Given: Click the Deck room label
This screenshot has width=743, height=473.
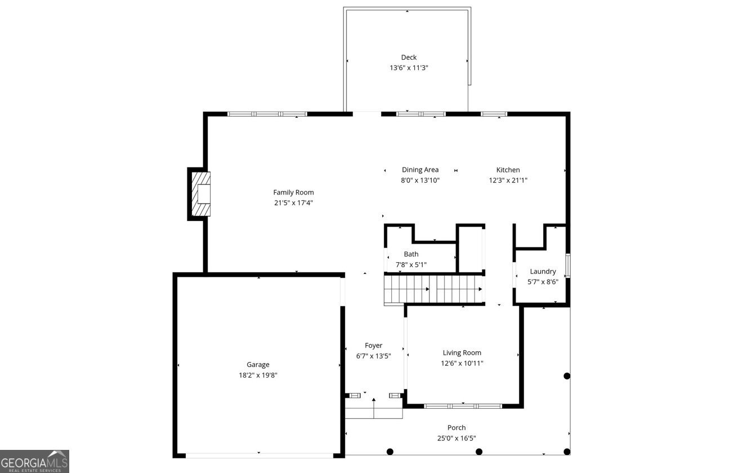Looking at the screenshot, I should (x=409, y=57).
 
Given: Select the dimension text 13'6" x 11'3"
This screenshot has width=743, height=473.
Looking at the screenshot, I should (x=409, y=68).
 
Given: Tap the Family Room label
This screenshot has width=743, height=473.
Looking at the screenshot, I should (x=293, y=192).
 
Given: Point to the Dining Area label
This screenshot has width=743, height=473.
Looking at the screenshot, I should (x=420, y=170).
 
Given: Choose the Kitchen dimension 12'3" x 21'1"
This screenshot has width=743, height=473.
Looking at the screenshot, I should (x=508, y=180).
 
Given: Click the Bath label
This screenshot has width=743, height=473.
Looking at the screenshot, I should (x=411, y=254).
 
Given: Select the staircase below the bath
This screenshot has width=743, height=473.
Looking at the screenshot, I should (x=433, y=289).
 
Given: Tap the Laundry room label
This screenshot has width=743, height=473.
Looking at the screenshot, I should (x=543, y=271).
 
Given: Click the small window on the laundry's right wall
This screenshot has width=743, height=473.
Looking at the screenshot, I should (x=568, y=266).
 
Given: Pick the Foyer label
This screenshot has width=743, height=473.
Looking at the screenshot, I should (x=373, y=346).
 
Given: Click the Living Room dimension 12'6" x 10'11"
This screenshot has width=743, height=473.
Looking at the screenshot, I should (x=462, y=363).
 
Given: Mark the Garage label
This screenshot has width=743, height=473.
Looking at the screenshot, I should (x=258, y=365).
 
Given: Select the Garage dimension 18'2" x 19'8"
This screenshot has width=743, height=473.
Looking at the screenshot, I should (x=258, y=375).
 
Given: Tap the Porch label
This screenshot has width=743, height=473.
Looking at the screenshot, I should (x=456, y=427).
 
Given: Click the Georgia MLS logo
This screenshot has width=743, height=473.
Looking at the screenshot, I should (x=34, y=461).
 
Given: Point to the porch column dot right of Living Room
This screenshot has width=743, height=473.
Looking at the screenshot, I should (x=567, y=376).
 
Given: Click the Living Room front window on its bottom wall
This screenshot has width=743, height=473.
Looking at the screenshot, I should (x=463, y=405).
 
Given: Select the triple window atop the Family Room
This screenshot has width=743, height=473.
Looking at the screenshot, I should (x=267, y=114).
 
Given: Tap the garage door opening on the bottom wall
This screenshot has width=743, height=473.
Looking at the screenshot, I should (x=259, y=454).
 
